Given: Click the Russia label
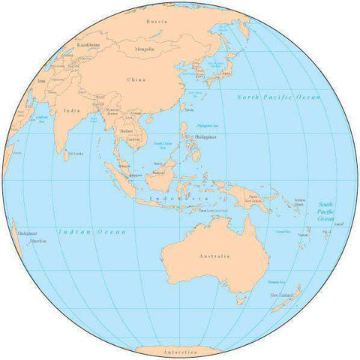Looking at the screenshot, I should tap(157, 22).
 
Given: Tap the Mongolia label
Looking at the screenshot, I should tap(143, 49).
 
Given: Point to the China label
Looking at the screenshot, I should tap(136, 79).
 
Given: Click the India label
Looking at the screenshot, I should tap(73, 110).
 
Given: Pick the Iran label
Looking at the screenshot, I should tap(41, 79).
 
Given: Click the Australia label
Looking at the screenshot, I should tap(210, 256).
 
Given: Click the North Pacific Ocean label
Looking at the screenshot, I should tap(278, 97).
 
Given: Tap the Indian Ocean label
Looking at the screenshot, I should tap(91, 232).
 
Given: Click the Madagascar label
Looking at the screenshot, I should tap(28, 234).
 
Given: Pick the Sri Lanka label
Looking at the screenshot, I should tap(75, 154).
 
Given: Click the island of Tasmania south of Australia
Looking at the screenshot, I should tap(241, 300).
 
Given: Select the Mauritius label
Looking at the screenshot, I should tap(39, 241).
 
